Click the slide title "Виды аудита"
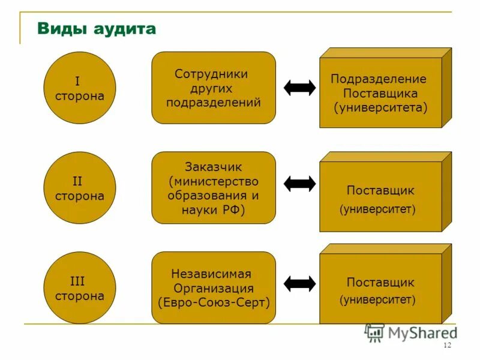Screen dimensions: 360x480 tap(97, 29)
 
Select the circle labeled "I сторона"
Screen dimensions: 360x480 tap(80, 88)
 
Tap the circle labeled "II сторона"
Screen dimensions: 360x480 tap(80, 188)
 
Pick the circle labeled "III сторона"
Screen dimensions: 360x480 tap(80, 288)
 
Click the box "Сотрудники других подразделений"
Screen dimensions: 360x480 tap(213, 88)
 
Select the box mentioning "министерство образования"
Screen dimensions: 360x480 tap(213, 188)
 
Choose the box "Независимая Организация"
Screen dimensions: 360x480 tap(213, 288)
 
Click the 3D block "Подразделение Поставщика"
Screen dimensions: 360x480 tap(380, 93)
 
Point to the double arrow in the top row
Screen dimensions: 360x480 tap(299, 88)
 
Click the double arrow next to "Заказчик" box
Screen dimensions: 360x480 tap(299, 184)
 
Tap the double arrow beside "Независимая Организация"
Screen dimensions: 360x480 tap(299, 283)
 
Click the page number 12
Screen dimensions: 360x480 tap(446, 346)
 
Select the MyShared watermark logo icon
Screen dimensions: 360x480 tap(374, 332)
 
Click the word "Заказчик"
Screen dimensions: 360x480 tap(214, 167)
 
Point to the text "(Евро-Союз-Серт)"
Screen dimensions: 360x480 tap(214, 302)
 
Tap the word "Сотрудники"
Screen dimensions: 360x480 tap(211, 74)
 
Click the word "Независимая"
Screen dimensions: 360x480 tap(211, 274)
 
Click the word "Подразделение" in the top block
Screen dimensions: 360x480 tap(379, 79)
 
